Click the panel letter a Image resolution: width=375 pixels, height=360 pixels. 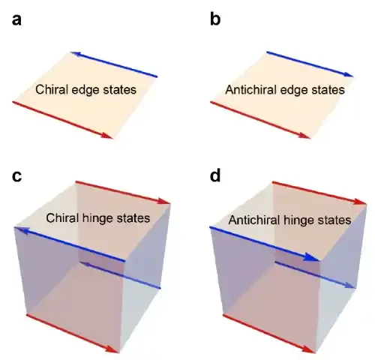[x=16, y=20]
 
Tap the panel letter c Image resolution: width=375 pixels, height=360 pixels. [x=16, y=176]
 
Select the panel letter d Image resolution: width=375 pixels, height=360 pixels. [x=215, y=175]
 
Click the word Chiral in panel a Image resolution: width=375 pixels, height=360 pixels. [x=52, y=89]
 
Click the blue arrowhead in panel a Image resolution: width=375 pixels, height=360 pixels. [x=75, y=53]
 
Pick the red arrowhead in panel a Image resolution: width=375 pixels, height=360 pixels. [x=107, y=135]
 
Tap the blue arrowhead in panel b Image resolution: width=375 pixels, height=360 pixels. [x=348, y=74]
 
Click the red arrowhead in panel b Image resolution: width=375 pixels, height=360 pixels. [x=304, y=135]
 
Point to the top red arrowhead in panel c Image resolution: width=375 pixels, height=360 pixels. [x=165, y=201]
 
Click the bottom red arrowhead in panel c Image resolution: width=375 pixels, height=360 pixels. [x=112, y=349]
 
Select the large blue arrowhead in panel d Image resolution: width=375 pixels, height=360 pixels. [x=311, y=257]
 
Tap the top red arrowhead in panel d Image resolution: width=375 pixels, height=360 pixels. [x=360, y=202]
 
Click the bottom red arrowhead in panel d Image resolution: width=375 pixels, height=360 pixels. [x=308, y=349]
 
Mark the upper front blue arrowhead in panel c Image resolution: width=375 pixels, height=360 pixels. [x=19, y=229]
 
